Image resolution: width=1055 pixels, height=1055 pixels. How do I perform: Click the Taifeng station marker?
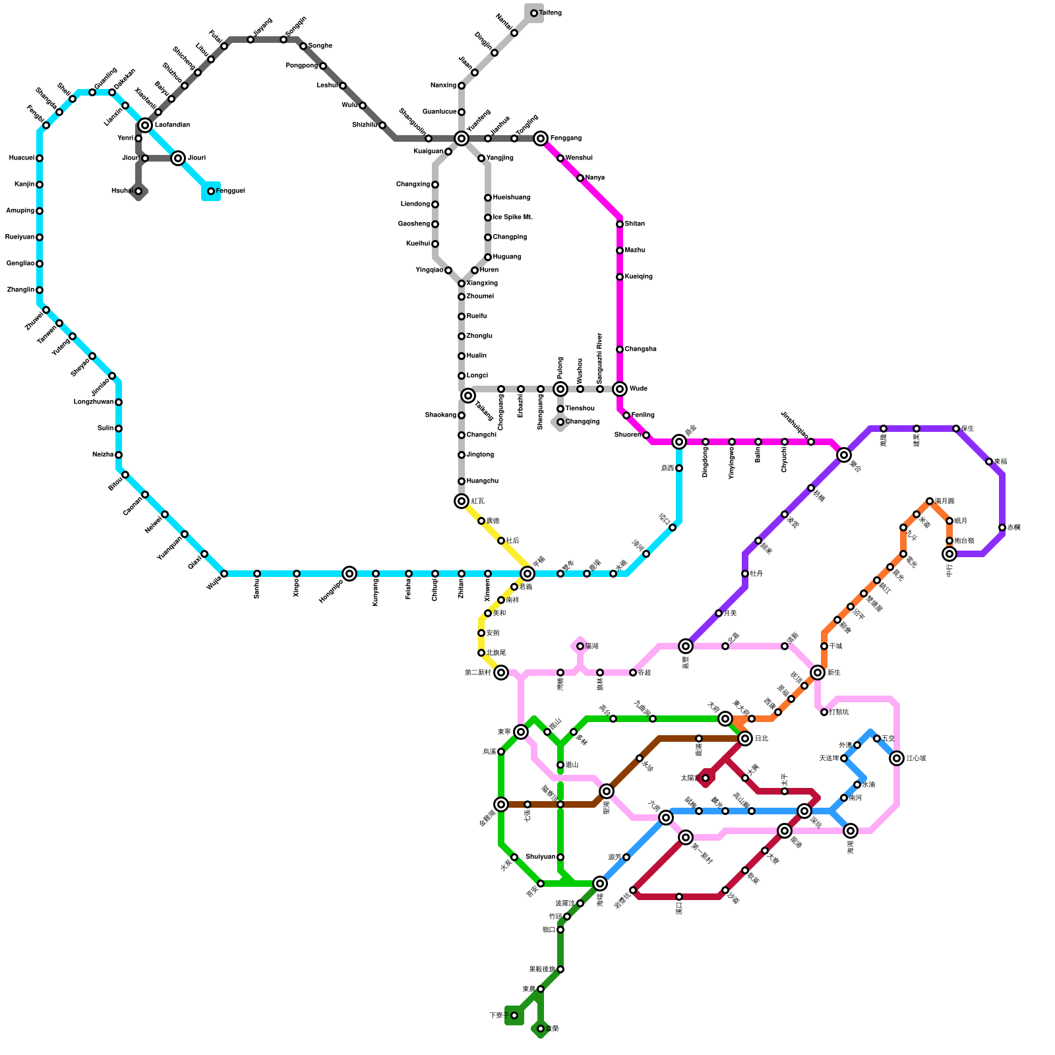pyautogui.click(x=534, y=13)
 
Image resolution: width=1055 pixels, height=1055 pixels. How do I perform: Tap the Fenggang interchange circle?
pyautogui.click(x=541, y=138)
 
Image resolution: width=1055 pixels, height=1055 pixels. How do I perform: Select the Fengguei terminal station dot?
pyautogui.click(x=211, y=191)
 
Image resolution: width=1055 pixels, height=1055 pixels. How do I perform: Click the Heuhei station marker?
pyautogui.click(x=138, y=191)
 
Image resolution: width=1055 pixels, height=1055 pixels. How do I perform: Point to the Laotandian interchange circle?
pyautogui.click(x=145, y=125)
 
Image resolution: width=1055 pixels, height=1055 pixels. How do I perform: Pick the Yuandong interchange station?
pyautogui.click(x=462, y=138)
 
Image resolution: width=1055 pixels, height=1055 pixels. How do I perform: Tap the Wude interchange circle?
pyautogui.click(x=620, y=389)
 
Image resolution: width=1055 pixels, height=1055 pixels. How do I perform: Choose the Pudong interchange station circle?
pyautogui.click(x=560, y=389)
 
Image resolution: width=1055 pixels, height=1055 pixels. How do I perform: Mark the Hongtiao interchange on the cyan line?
pyautogui.click(x=349, y=574)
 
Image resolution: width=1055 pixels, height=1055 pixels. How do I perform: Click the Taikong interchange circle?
pyautogui.click(x=468, y=396)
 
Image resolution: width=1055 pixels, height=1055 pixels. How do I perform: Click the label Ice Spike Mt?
pyautogui.click(x=512, y=218)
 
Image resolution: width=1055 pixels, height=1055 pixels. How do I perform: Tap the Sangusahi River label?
pyautogui.click(x=599, y=359)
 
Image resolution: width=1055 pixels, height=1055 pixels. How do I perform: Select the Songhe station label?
pyautogui.click(x=320, y=46)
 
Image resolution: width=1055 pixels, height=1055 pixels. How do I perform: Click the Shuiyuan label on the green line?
pyautogui.click(x=541, y=857)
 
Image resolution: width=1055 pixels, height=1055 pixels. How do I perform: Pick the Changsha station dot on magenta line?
pyautogui.click(x=620, y=349)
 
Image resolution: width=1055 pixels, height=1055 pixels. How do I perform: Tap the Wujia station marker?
pyautogui.click(x=224, y=574)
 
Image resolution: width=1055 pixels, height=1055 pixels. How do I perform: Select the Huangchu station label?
pyautogui.click(x=482, y=481)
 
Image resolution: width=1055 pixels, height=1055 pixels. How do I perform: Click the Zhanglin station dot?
pyautogui.click(x=40, y=290)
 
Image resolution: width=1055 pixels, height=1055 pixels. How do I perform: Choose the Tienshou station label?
pyautogui.click(x=580, y=409)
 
